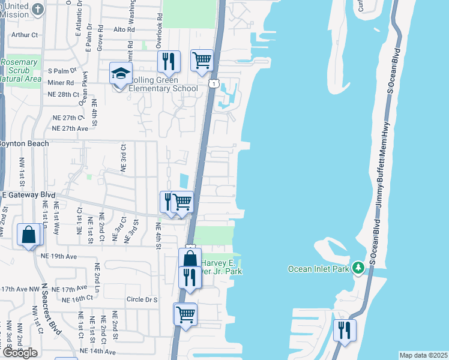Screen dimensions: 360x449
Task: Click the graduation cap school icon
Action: pos(121,74)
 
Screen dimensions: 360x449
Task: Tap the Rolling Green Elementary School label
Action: pos(161,89)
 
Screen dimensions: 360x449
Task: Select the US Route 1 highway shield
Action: pos(213,84)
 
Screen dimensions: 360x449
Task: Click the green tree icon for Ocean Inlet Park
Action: pos(359,267)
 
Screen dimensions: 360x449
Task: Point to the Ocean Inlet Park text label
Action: pos(318,269)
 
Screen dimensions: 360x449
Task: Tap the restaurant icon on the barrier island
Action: pos(345,329)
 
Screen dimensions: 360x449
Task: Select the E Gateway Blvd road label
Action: pos(28,195)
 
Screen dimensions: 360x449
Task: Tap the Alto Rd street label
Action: pos(127,29)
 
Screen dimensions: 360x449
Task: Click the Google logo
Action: pos(20,353)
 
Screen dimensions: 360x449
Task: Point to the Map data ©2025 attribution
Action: pos(423,355)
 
